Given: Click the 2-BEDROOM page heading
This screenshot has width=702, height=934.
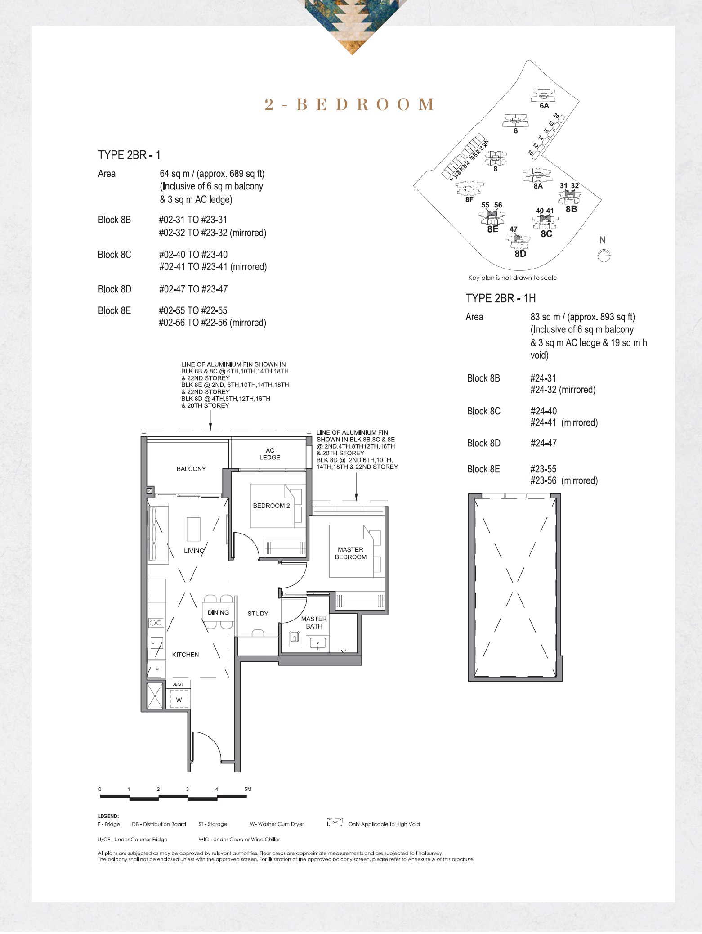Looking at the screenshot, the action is pyautogui.click(x=349, y=104).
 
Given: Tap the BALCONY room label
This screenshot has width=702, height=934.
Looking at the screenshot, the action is pyautogui.click(x=191, y=469).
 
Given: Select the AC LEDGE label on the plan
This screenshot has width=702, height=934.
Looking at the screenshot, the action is pyautogui.click(x=270, y=454).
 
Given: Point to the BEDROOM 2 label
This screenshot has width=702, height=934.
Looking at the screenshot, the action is pyautogui.click(x=271, y=506).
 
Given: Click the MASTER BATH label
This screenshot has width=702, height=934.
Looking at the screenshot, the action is pyautogui.click(x=314, y=623).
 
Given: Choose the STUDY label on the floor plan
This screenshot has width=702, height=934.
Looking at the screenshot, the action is pyautogui.click(x=258, y=614).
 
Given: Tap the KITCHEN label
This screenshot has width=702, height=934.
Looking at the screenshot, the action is pyautogui.click(x=185, y=655).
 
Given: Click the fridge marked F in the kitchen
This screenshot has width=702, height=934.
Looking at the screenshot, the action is pyautogui.click(x=157, y=670).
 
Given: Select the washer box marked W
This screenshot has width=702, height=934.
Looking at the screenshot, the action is pyautogui.click(x=179, y=700).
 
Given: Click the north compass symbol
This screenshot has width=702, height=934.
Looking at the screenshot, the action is pyautogui.click(x=604, y=256).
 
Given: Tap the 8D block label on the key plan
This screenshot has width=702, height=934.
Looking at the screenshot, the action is pyautogui.click(x=520, y=254).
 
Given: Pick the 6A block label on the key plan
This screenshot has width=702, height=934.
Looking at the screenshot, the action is pyautogui.click(x=544, y=106).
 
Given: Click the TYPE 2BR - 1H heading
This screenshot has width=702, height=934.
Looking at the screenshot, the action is pyautogui.click(x=501, y=298).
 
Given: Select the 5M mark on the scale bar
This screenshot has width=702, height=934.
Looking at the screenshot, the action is pyautogui.click(x=248, y=789).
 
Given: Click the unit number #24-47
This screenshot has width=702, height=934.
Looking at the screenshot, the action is pyautogui.click(x=543, y=443).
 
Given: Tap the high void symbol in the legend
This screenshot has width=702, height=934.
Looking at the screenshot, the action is pyautogui.click(x=335, y=822).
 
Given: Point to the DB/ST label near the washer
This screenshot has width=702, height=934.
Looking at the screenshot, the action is pyautogui.click(x=178, y=684).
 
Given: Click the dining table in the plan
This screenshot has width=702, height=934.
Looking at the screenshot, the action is pyautogui.click(x=218, y=612).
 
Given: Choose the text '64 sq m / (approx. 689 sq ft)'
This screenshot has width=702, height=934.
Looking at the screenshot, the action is pyautogui.click(x=212, y=174).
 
